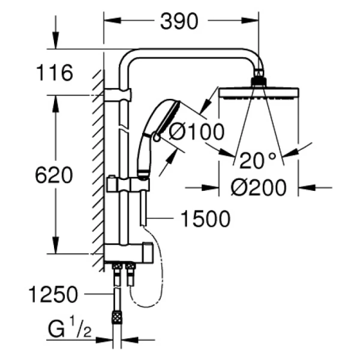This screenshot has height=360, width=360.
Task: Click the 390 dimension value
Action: click(179, 22)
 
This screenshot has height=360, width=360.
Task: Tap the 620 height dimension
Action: click(54, 176)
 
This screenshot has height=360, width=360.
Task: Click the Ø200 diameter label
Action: click(259, 188)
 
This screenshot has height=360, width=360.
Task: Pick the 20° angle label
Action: click(257, 160)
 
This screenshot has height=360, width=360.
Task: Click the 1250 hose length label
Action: click(54, 295)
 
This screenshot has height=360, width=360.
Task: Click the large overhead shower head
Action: click(258, 94)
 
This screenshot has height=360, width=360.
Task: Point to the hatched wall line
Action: click(97, 168)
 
